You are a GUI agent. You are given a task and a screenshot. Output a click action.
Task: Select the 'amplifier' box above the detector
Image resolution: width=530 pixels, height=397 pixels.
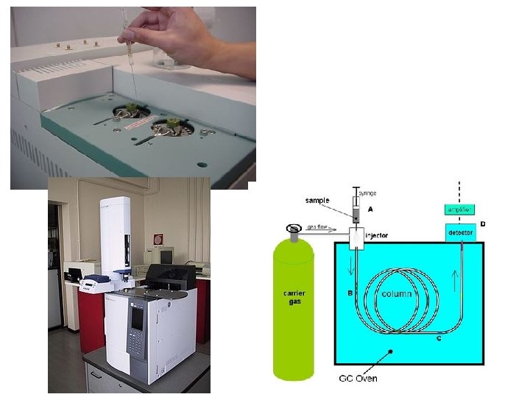click(x=461, y=210)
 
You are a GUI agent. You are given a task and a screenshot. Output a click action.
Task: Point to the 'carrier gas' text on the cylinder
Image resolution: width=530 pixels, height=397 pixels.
click(x=294, y=298)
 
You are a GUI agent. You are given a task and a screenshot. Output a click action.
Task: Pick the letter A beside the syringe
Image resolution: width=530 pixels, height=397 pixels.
click(x=370, y=209)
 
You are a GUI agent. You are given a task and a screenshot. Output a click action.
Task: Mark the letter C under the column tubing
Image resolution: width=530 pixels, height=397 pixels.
click(x=439, y=337)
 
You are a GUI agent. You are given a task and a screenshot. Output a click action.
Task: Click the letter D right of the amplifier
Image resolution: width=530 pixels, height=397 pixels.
click(x=483, y=223)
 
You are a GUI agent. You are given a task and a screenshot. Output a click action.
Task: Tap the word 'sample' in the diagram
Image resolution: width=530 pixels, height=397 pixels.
click(x=317, y=200)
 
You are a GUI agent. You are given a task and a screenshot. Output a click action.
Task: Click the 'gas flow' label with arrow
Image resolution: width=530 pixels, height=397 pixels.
click(x=322, y=229)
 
